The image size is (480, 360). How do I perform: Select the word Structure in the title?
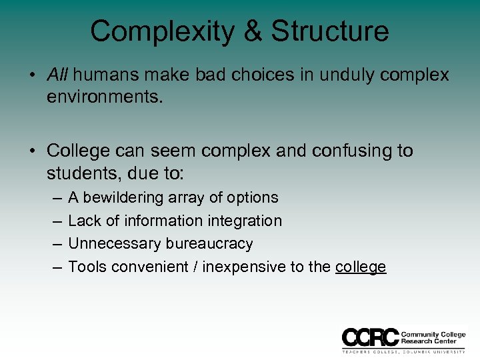click(330, 31)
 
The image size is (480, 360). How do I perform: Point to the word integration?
click(246, 221)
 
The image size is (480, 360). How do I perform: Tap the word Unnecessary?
click(109, 243)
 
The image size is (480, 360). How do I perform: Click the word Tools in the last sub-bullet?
click(87, 267)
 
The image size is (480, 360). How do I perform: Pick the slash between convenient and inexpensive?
click(197, 267)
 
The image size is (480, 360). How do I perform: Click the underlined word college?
click(361, 267)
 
